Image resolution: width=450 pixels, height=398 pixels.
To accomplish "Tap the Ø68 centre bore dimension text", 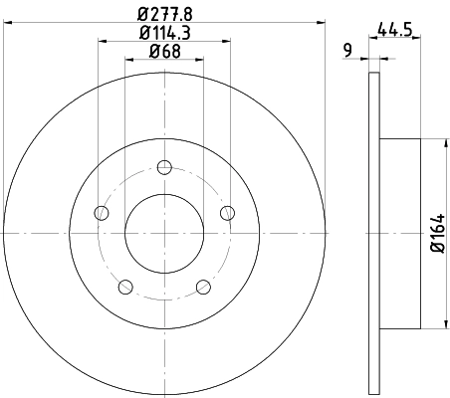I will tap(163, 52).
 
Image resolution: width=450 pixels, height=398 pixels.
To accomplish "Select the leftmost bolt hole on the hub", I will tap(100, 212).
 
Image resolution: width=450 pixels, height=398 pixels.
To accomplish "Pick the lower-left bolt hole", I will tap(124, 288).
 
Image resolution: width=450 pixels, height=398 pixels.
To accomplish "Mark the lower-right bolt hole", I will tap(203, 288).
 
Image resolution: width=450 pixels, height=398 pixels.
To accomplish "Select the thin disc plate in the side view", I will tap(374, 232).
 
